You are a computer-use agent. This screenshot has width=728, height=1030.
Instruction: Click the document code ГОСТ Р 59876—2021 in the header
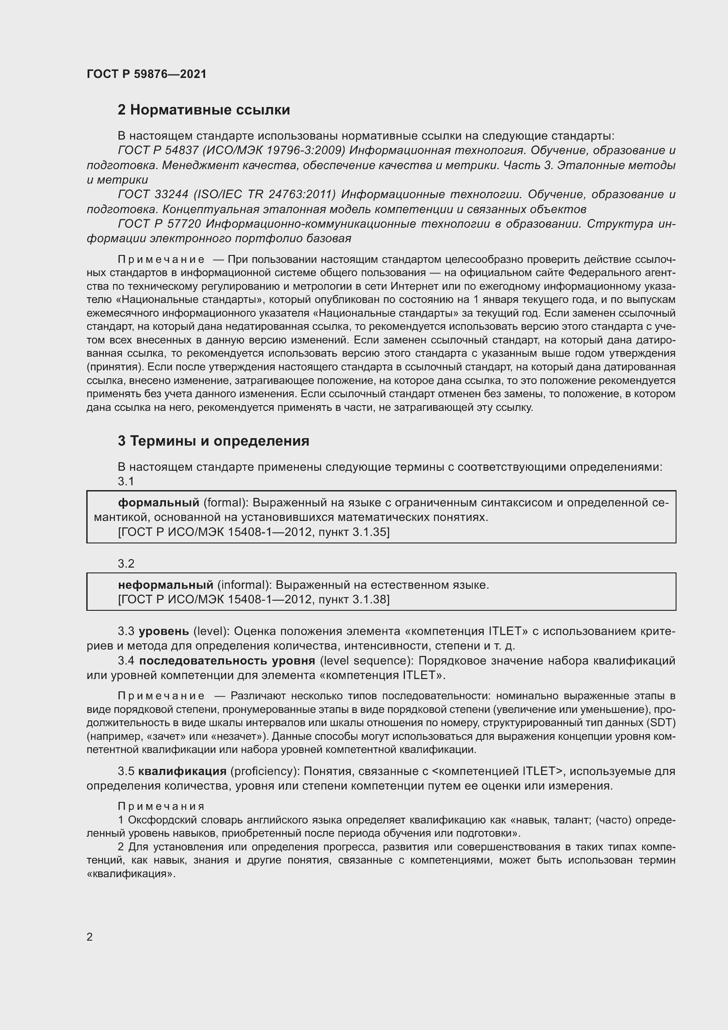click(x=147, y=74)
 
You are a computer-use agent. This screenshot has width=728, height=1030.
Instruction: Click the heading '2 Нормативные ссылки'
click(x=203, y=110)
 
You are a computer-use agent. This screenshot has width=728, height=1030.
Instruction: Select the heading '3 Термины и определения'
click(x=213, y=441)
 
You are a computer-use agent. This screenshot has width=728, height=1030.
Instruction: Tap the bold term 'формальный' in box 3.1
click(x=158, y=502)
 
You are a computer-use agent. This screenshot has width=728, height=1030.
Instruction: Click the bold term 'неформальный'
click(x=165, y=585)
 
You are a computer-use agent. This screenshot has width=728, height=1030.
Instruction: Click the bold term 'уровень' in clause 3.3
click(x=164, y=631)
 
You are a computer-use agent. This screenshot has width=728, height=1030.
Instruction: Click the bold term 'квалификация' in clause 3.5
click(x=182, y=771)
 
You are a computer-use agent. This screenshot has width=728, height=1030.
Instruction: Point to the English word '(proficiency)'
click(x=265, y=771)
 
